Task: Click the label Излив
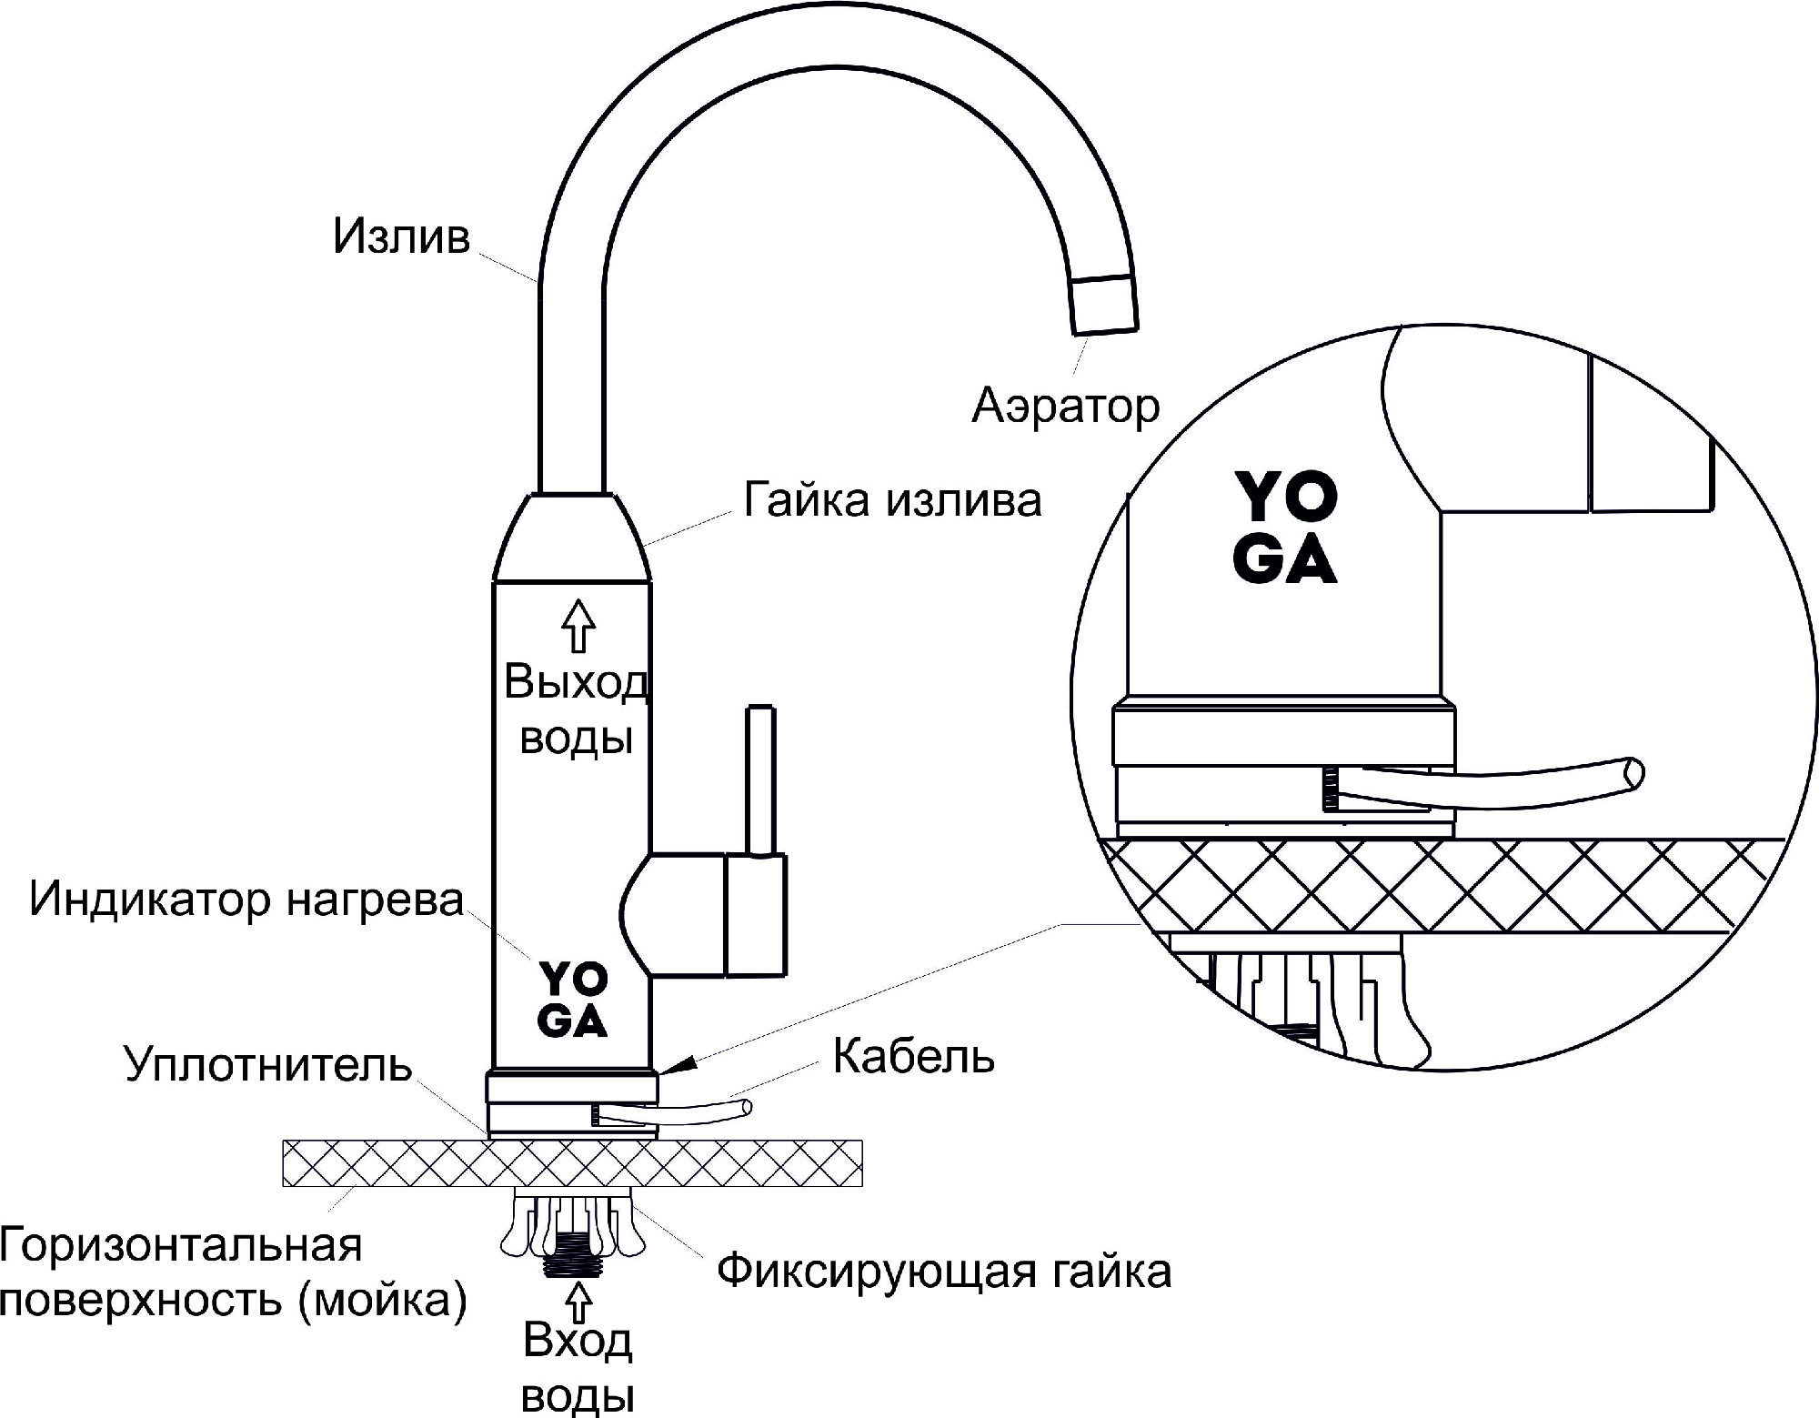tap(401, 236)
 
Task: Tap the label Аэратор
tap(1066, 406)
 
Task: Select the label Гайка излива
tap(892, 500)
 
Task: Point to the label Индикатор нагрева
tap(246, 899)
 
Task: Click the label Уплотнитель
tap(268, 1063)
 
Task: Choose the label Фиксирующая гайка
tap(943, 1271)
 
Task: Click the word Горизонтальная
tap(181, 1245)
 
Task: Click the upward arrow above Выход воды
tap(578, 625)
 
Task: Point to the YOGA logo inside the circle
tap(1285, 528)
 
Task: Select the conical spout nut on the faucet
tap(572, 538)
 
